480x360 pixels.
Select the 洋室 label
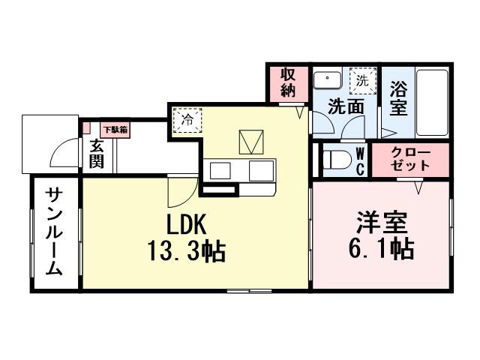coord(381,223)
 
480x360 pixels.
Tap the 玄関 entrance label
coord(97,154)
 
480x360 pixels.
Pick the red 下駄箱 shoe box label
coord(115,130)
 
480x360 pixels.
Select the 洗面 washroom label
coord(346,107)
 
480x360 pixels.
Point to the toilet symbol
coord(335,159)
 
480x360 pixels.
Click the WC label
coord(359,159)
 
